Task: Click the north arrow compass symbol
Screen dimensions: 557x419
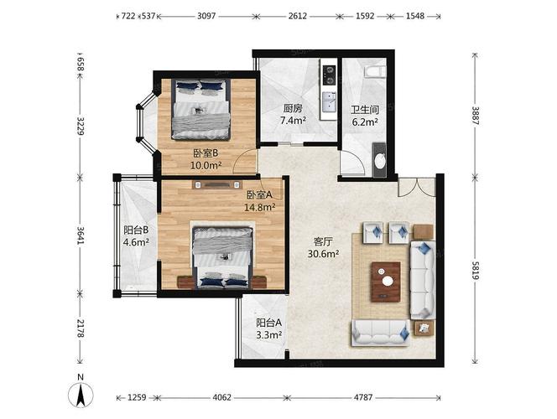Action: (x=81, y=395)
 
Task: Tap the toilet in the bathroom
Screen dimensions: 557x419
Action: (x=375, y=71)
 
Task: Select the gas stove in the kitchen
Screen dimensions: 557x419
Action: (x=329, y=75)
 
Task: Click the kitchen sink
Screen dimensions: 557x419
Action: (x=330, y=101)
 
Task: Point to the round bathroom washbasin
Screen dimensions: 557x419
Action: (x=380, y=161)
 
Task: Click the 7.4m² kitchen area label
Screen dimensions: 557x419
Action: (x=293, y=121)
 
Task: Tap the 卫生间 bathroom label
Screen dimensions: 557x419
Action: (x=365, y=110)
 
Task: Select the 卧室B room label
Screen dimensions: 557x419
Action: (x=206, y=153)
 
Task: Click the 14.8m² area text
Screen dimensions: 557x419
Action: (x=260, y=207)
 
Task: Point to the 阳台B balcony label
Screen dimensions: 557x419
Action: (x=136, y=230)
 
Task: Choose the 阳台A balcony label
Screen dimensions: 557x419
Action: (x=269, y=323)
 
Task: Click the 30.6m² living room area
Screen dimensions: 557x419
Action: (x=323, y=254)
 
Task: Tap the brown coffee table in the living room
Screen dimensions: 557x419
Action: (x=386, y=282)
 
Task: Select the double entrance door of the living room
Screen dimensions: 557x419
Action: (x=416, y=187)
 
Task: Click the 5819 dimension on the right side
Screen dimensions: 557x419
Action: (x=476, y=272)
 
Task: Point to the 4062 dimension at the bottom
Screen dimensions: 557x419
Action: (x=222, y=397)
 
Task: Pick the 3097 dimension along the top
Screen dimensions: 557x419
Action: (x=206, y=16)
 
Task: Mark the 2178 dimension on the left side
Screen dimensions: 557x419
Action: (x=81, y=328)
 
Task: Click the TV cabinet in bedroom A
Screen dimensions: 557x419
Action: (x=217, y=184)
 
